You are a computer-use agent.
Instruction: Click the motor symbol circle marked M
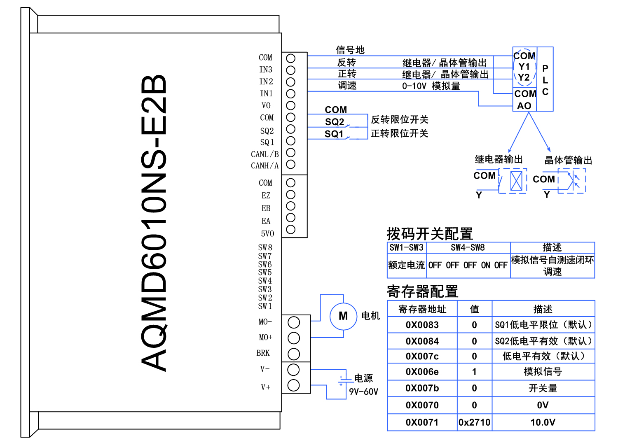pyautogui.click(x=343, y=316)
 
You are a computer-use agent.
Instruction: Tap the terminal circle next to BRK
pyautogui.click(x=294, y=354)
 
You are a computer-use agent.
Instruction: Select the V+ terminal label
pyautogui.click(x=266, y=387)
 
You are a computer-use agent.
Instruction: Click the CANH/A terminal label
pyautogui.click(x=265, y=166)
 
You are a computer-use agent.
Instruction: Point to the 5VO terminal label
pyautogui.click(x=267, y=234)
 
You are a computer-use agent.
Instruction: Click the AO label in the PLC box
pyautogui.click(x=524, y=106)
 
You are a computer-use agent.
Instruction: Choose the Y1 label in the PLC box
pyautogui.click(x=524, y=67)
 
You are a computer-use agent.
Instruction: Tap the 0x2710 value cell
pyautogui.click(x=474, y=422)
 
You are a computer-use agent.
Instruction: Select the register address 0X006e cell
pyautogui.click(x=422, y=372)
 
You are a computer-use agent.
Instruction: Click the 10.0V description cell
pyautogui.click(x=543, y=422)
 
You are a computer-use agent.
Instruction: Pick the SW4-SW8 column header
pyautogui.click(x=468, y=247)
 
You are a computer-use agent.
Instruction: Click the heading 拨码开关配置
pyautogui.click(x=429, y=234)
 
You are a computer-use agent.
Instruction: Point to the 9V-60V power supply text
pyautogui.click(x=363, y=391)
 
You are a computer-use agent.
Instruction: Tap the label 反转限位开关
pyautogui.click(x=399, y=120)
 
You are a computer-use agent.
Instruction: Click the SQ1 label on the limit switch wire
pyautogui.click(x=334, y=134)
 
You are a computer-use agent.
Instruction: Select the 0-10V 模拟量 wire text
pyautogui.click(x=431, y=86)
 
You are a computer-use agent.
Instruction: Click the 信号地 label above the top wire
pyautogui.click(x=350, y=50)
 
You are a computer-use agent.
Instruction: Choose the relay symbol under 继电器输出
pyautogui.click(x=516, y=181)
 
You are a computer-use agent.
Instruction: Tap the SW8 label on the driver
pyautogui.click(x=265, y=247)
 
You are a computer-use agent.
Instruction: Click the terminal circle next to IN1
pyautogui.click(x=291, y=94)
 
